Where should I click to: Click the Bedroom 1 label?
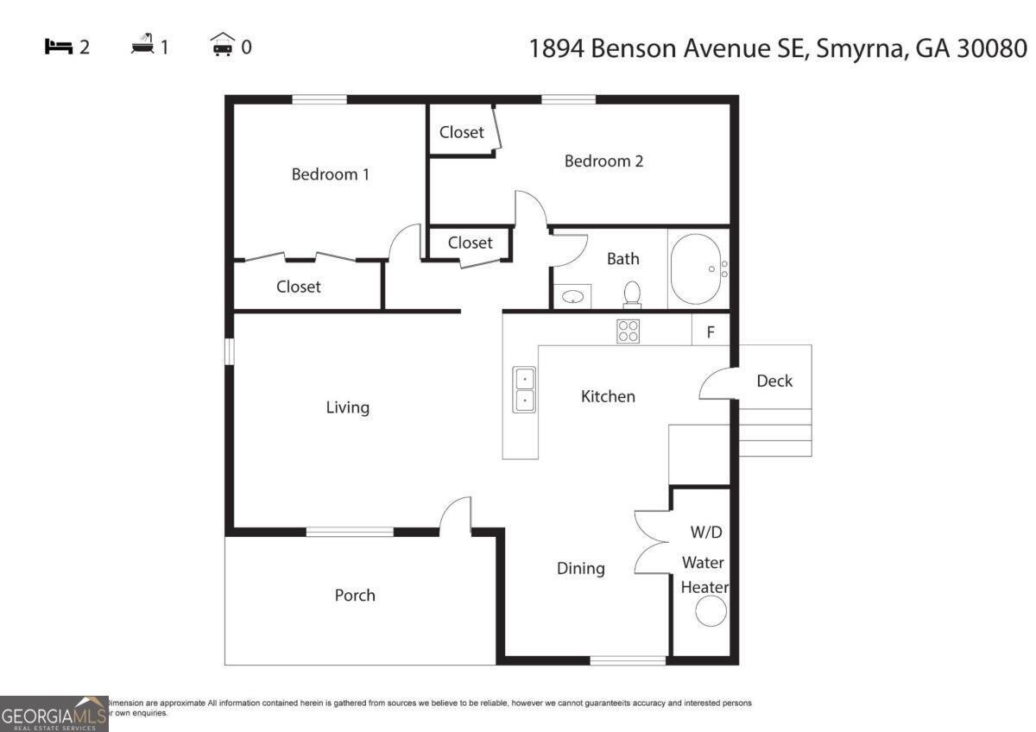click(331, 174)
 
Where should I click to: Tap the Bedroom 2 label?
click(603, 161)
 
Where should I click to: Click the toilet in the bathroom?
click(632, 293)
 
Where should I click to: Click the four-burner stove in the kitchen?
click(629, 331)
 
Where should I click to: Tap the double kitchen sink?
click(524, 390)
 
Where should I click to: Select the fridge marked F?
click(711, 331)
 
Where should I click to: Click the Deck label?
click(774, 381)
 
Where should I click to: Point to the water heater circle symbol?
click(711, 611)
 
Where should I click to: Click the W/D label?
click(705, 533)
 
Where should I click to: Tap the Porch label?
click(355, 595)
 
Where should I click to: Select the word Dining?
click(580, 568)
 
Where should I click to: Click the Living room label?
click(348, 407)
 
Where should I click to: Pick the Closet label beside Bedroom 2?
click(461, 132)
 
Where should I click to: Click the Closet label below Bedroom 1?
click(299, 287)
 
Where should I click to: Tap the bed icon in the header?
click(58, 47)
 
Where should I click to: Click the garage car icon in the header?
click(223, 46)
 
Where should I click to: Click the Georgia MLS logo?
click(54, 714)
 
